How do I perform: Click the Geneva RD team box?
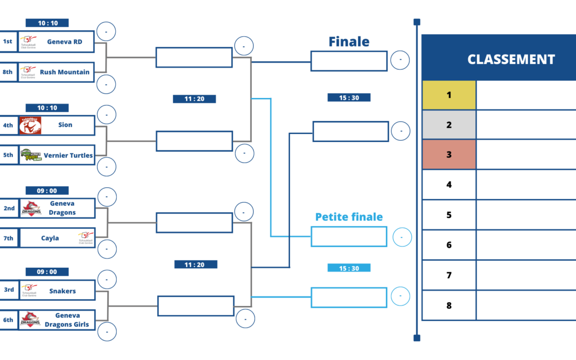tap(57, 42)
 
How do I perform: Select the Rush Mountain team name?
tap(65, 72)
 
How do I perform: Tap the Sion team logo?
tap(30, 125)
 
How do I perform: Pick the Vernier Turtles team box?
tap(57, 155)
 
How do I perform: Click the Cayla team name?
tap(50, 238)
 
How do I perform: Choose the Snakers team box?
tap(57, 291)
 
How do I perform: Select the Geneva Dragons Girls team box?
tap(57, 320)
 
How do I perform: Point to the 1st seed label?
tap(8, 42)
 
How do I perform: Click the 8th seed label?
tap(8, 72)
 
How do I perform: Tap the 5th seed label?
tap(8, 155)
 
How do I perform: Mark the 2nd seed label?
tap(9, 208)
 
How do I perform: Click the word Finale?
tap(349, 42)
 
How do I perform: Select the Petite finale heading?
tap(349, 217)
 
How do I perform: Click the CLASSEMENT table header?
tap(511, 60)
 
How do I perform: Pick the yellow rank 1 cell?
tap(449, 95)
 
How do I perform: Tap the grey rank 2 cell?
tap(449, 125)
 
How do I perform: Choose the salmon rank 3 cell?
tap(449, 155)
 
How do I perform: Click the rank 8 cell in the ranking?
tap(449, 306)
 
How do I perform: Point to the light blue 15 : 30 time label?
tap(349, 268)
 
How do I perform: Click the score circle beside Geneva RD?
tap(106, 32)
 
